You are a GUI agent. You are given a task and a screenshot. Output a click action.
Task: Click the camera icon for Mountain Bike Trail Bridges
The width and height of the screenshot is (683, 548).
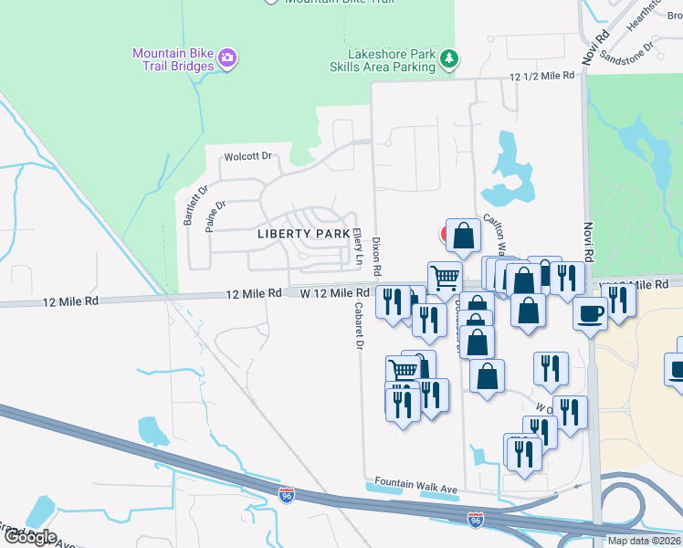(x=227, y=59)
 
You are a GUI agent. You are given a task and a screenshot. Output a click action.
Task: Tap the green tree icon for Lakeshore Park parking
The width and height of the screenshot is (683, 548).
(x=448, y=59)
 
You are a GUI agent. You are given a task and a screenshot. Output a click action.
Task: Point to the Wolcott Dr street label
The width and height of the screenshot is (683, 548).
(x=249, y=156)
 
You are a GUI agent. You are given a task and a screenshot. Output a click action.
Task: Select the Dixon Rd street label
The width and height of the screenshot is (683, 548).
(x=375, y=259)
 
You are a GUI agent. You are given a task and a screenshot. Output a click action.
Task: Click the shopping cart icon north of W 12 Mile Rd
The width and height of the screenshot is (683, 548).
(x=445, y=276)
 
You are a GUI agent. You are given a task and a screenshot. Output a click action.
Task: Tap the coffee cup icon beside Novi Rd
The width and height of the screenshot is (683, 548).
(x=591, y=313)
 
